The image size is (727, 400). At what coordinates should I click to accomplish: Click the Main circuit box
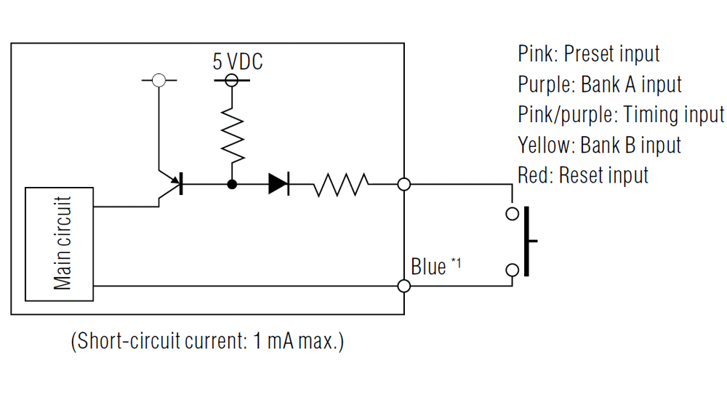(x=59, y=244)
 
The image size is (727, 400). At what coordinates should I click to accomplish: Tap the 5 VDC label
(x=238, y=62)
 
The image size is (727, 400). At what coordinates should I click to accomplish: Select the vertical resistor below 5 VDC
(x=232, y=135)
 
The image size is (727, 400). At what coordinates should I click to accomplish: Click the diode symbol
(x=278, y=184)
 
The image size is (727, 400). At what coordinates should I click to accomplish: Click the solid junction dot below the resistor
(x=232, y=184)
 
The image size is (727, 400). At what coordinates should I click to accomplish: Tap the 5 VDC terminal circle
(x=232, y=80)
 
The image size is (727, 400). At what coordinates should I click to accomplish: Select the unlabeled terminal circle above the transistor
(x=158, y=80)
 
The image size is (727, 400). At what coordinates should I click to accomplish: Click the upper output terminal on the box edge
(x=404, y=184)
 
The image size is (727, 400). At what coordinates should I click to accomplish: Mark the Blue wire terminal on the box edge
(x=404, y=286)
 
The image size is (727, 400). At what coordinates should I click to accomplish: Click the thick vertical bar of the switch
(x=526, y=241)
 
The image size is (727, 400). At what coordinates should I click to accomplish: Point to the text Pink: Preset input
(x=588, y=54)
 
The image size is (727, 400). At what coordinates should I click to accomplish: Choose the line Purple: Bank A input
(x=600, y=84)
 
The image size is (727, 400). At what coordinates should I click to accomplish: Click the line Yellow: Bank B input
(x=599, y=145)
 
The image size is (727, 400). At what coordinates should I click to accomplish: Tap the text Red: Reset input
(x=583, y=175)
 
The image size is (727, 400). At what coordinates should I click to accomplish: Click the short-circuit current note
(x=207, y=340)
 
